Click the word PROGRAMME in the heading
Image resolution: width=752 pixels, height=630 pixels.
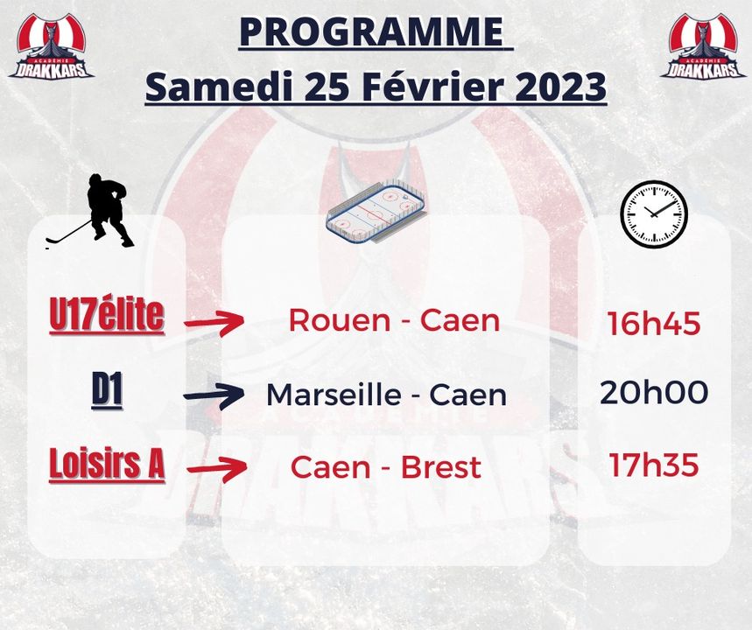[x=371, y=31]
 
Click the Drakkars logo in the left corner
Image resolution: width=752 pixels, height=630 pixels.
[x=52, y=46]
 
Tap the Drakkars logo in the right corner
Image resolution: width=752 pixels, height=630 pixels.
[x=704, y=46]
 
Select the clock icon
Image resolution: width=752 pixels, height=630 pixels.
[x=654, y=213]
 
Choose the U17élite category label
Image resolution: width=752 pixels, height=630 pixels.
[x=107, y=316]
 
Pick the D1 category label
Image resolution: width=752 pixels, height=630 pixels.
[x=107, y=393]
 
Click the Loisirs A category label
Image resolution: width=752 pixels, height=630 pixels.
[x=107, y=464]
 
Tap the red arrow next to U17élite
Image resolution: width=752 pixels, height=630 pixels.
[x=214, y=322]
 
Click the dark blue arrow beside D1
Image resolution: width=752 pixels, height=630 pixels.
[x=214, y=396]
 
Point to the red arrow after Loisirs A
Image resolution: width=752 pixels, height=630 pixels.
[x=217, y=468]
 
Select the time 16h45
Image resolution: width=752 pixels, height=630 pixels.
[x=654, y=323]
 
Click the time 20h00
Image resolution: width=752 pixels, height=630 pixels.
[x=654, y=393]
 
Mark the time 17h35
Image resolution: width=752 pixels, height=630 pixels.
[x=654, y=465]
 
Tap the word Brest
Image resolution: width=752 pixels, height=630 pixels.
[x=440, y=467]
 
